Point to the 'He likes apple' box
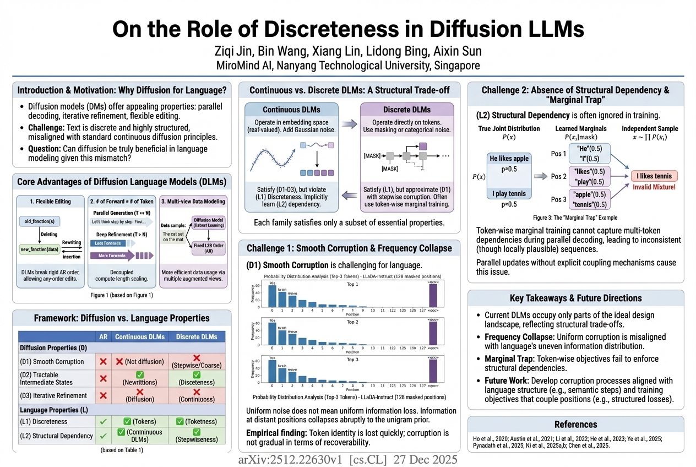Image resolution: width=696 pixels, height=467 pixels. click(509, 159)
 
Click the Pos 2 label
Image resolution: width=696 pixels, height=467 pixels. click(558, 177)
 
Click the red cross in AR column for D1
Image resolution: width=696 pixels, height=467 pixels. click(102, 362)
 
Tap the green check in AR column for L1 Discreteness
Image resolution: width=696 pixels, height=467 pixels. click(102, 421)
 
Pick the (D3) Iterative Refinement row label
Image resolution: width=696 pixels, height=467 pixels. click(53, 395)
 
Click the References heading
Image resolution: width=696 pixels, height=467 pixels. click(575, 424)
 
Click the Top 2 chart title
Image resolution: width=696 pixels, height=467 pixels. click(352, 322)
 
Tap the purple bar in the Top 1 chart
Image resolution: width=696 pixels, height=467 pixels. click(433, 292)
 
